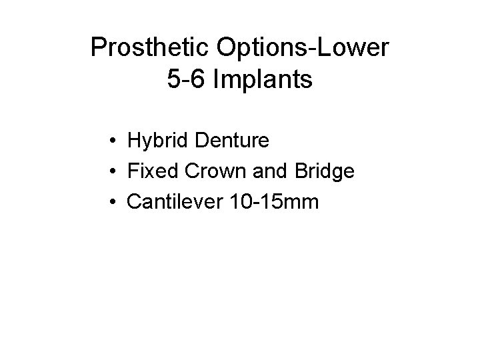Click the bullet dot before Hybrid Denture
tap(115, 141)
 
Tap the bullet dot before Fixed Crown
tap(115, 171)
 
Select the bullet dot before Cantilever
tap(115, 201)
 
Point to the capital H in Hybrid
tap(134, 141)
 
